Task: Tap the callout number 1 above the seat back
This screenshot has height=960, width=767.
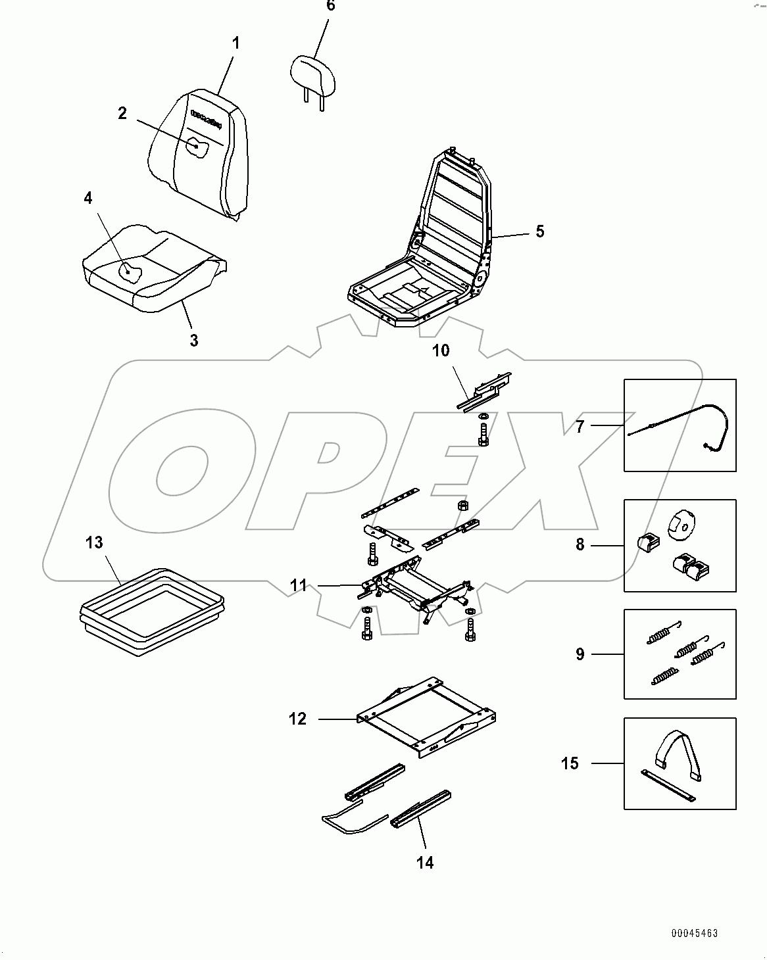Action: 235,43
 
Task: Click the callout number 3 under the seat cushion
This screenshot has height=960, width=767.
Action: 194,341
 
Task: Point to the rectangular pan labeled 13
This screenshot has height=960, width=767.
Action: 151,612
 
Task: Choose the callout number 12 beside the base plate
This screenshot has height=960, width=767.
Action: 298,719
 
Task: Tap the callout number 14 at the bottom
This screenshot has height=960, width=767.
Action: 426,862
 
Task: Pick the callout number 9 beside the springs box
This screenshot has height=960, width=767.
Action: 580,654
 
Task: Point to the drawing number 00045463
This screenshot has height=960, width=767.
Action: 695,933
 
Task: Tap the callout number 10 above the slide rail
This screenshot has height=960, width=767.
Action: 441,350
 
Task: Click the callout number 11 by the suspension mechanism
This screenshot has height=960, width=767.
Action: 299,585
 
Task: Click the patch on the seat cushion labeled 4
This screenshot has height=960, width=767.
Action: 130,271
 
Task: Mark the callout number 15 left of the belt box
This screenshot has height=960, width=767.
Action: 570,763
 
